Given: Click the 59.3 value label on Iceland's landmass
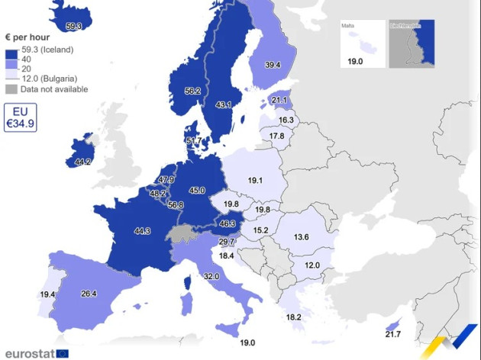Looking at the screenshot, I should tap(74, 27).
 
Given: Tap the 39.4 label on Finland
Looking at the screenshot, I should tap(273, 66).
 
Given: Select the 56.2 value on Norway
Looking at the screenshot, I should tap(192, 91).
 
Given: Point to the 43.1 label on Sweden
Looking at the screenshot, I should tap(223, 104).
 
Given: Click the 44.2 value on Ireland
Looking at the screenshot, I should tap(82, 162).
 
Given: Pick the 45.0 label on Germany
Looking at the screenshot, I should tap(198, 191).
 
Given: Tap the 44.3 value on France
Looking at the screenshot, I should tap(141, 230).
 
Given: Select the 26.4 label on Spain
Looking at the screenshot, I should tap(89, 293).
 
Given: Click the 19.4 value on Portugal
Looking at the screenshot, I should tap(47, 294).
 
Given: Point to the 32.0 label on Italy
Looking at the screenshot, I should tap(211, 276).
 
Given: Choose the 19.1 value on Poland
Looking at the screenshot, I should tap(255, 181).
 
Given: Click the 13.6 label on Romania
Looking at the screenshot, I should tap(302, 237).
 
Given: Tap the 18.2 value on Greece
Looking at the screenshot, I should tap(293, 317).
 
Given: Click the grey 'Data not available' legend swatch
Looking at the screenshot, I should tap(11, 89).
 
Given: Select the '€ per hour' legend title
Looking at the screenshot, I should tap(27, 37).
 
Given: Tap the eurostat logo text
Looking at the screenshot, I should tap(29, 353).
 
